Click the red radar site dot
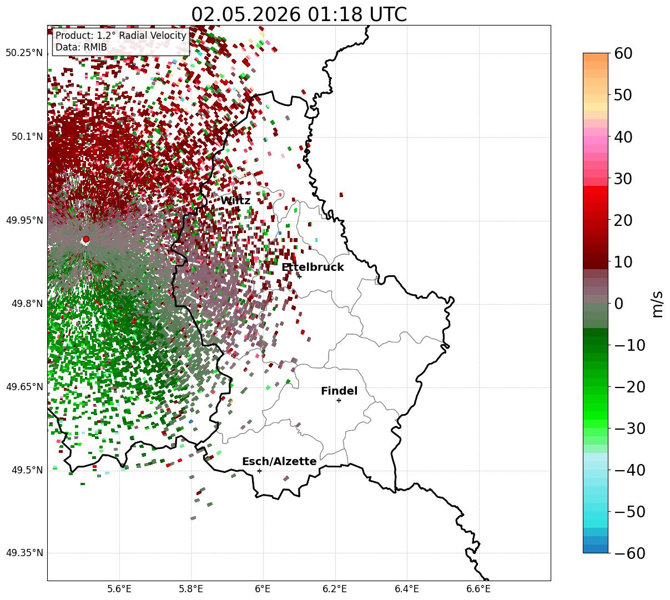click(86, 239)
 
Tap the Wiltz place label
click(235, 201)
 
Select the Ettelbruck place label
click(313, 267)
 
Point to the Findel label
click(339, 391)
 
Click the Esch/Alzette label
click(279, 461)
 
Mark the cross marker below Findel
click(339, 401)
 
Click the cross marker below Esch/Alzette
click(259, 471)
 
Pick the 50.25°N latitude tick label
click(24, 53)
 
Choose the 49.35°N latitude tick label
click(24, 553)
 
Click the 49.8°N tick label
click(27, 304)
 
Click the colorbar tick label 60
click(623, 54)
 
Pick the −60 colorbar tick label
click(629, 553)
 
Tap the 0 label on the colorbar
click(619, 304)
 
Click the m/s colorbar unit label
click(657, 304)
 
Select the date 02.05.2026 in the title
click(246, 15)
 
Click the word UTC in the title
click(388, 15)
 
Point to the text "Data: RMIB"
click(81, 47)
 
